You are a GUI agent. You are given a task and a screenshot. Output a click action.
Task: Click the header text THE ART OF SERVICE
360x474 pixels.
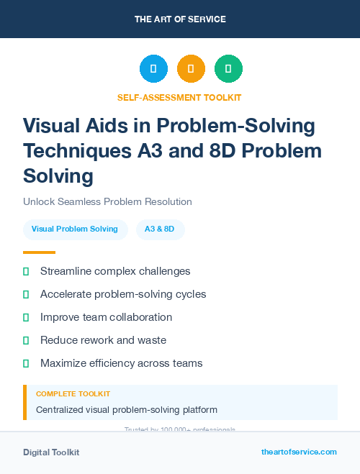pos(180,19)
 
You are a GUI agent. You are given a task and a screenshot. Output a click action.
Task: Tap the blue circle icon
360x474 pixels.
pos(153,69)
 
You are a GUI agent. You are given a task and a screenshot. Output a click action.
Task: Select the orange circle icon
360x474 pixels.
pos(191,69)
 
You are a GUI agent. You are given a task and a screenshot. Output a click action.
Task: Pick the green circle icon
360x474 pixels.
pos(228,69)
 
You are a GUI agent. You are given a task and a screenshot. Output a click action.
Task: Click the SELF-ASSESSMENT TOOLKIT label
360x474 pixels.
pos(179,97)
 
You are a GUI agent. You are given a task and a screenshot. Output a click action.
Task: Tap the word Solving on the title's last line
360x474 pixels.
pos(58,176)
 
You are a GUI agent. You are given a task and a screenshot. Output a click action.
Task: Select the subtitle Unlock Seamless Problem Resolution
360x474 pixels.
pos(107,202)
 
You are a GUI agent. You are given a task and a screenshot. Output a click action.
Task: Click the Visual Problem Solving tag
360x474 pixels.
pos(75,229)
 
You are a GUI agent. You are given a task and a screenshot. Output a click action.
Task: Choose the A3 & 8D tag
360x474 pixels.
pos(160,229)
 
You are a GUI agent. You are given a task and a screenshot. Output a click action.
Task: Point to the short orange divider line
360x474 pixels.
pos(39,252)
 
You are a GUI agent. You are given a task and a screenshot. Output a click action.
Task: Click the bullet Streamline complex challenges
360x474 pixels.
pos(115,271)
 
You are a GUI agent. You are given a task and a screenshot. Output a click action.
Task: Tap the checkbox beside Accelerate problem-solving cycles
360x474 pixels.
pos(27,294)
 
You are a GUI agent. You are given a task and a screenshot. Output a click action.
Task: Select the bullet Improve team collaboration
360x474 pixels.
pos(106,317)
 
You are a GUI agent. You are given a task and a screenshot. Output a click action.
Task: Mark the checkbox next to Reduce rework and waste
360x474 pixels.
pos(27,340)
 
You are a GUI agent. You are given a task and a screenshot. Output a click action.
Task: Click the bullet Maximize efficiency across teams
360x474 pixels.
pos(121,363)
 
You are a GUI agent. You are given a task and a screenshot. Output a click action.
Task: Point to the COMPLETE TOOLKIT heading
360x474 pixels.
pos(73,394)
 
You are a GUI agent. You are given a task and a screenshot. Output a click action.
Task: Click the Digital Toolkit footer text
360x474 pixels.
pos(51,452)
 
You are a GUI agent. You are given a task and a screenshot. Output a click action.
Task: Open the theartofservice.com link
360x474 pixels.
pos(299,452)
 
